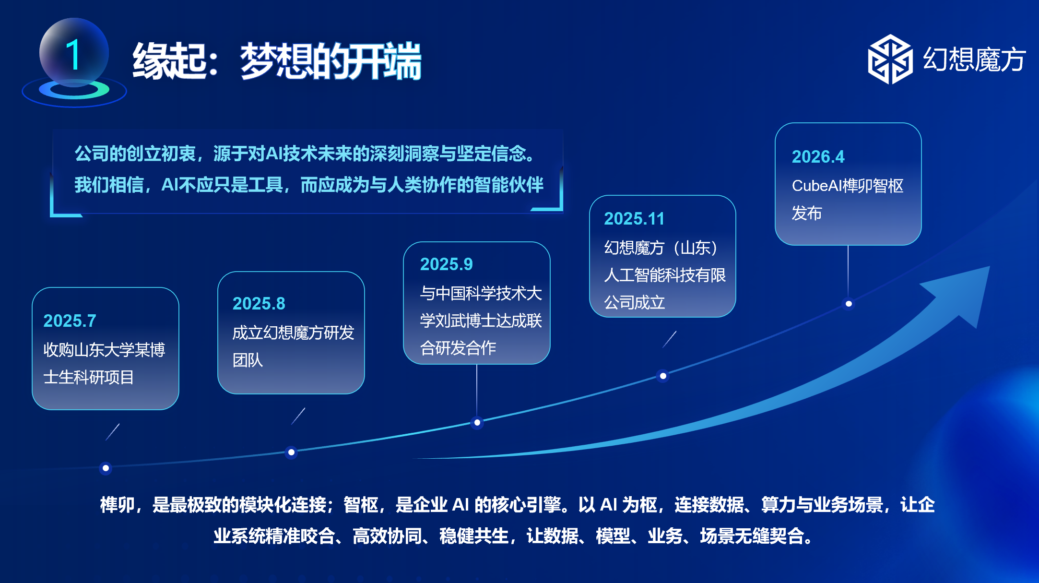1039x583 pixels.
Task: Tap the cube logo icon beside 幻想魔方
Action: (890, 59)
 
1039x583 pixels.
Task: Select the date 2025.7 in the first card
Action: (70, 321)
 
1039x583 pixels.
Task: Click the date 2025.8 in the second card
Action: (259, 303)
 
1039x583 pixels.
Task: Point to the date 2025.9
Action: (446, 264)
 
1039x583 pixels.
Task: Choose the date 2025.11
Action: (634, 218)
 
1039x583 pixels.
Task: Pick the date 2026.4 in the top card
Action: (818, 156)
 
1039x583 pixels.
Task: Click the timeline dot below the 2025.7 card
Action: (106, 468)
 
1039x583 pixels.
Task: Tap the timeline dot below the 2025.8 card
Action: (291, 452)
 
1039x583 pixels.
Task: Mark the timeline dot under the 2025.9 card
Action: (477, 423)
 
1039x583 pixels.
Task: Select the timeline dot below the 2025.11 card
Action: (663, 376)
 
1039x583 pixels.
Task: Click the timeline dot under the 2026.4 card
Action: (849, 304)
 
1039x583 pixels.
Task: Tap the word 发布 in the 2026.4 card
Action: (806, 213)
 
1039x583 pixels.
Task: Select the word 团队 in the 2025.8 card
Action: (248, 360)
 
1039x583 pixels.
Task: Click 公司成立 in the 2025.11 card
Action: (634, 302)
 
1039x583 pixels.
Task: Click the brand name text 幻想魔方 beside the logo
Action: (974, 59)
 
